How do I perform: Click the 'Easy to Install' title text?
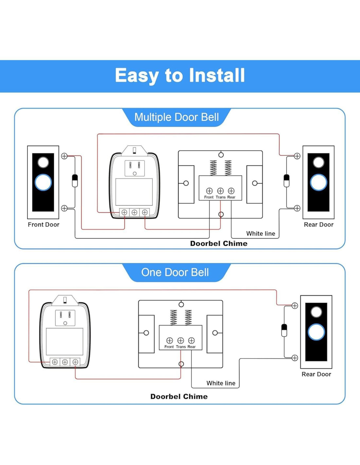[x=180, y=76]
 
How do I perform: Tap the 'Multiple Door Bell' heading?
[x=176, y=117]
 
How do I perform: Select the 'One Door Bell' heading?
[x=175, y=272]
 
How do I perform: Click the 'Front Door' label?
[x=44, y=225]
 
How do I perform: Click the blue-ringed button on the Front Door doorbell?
[x=43, y=182]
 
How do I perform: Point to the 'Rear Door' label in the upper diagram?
[x=318, y=225]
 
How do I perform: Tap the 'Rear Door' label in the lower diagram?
[x=316, y=374]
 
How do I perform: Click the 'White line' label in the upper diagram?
[x=261, y=233]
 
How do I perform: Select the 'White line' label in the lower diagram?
[x=221, y=383]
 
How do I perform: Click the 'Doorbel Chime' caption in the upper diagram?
[x=219, y=244]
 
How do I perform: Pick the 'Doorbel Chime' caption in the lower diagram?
[x=179, y=397]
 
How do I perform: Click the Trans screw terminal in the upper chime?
[x=220, y=191]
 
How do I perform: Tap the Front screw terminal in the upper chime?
[x=209, y=191]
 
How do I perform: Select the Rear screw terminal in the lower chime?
[x=191, y=340]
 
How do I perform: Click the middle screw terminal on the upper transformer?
[x=134, y=213]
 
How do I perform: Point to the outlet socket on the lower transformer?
[x=65, y=318]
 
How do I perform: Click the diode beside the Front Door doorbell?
[x=75, y=181]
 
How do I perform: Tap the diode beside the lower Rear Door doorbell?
[x=284, y=330]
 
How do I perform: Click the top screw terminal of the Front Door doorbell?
[x=64, y=156]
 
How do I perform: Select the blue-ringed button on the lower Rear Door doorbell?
[x=316, y=332]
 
